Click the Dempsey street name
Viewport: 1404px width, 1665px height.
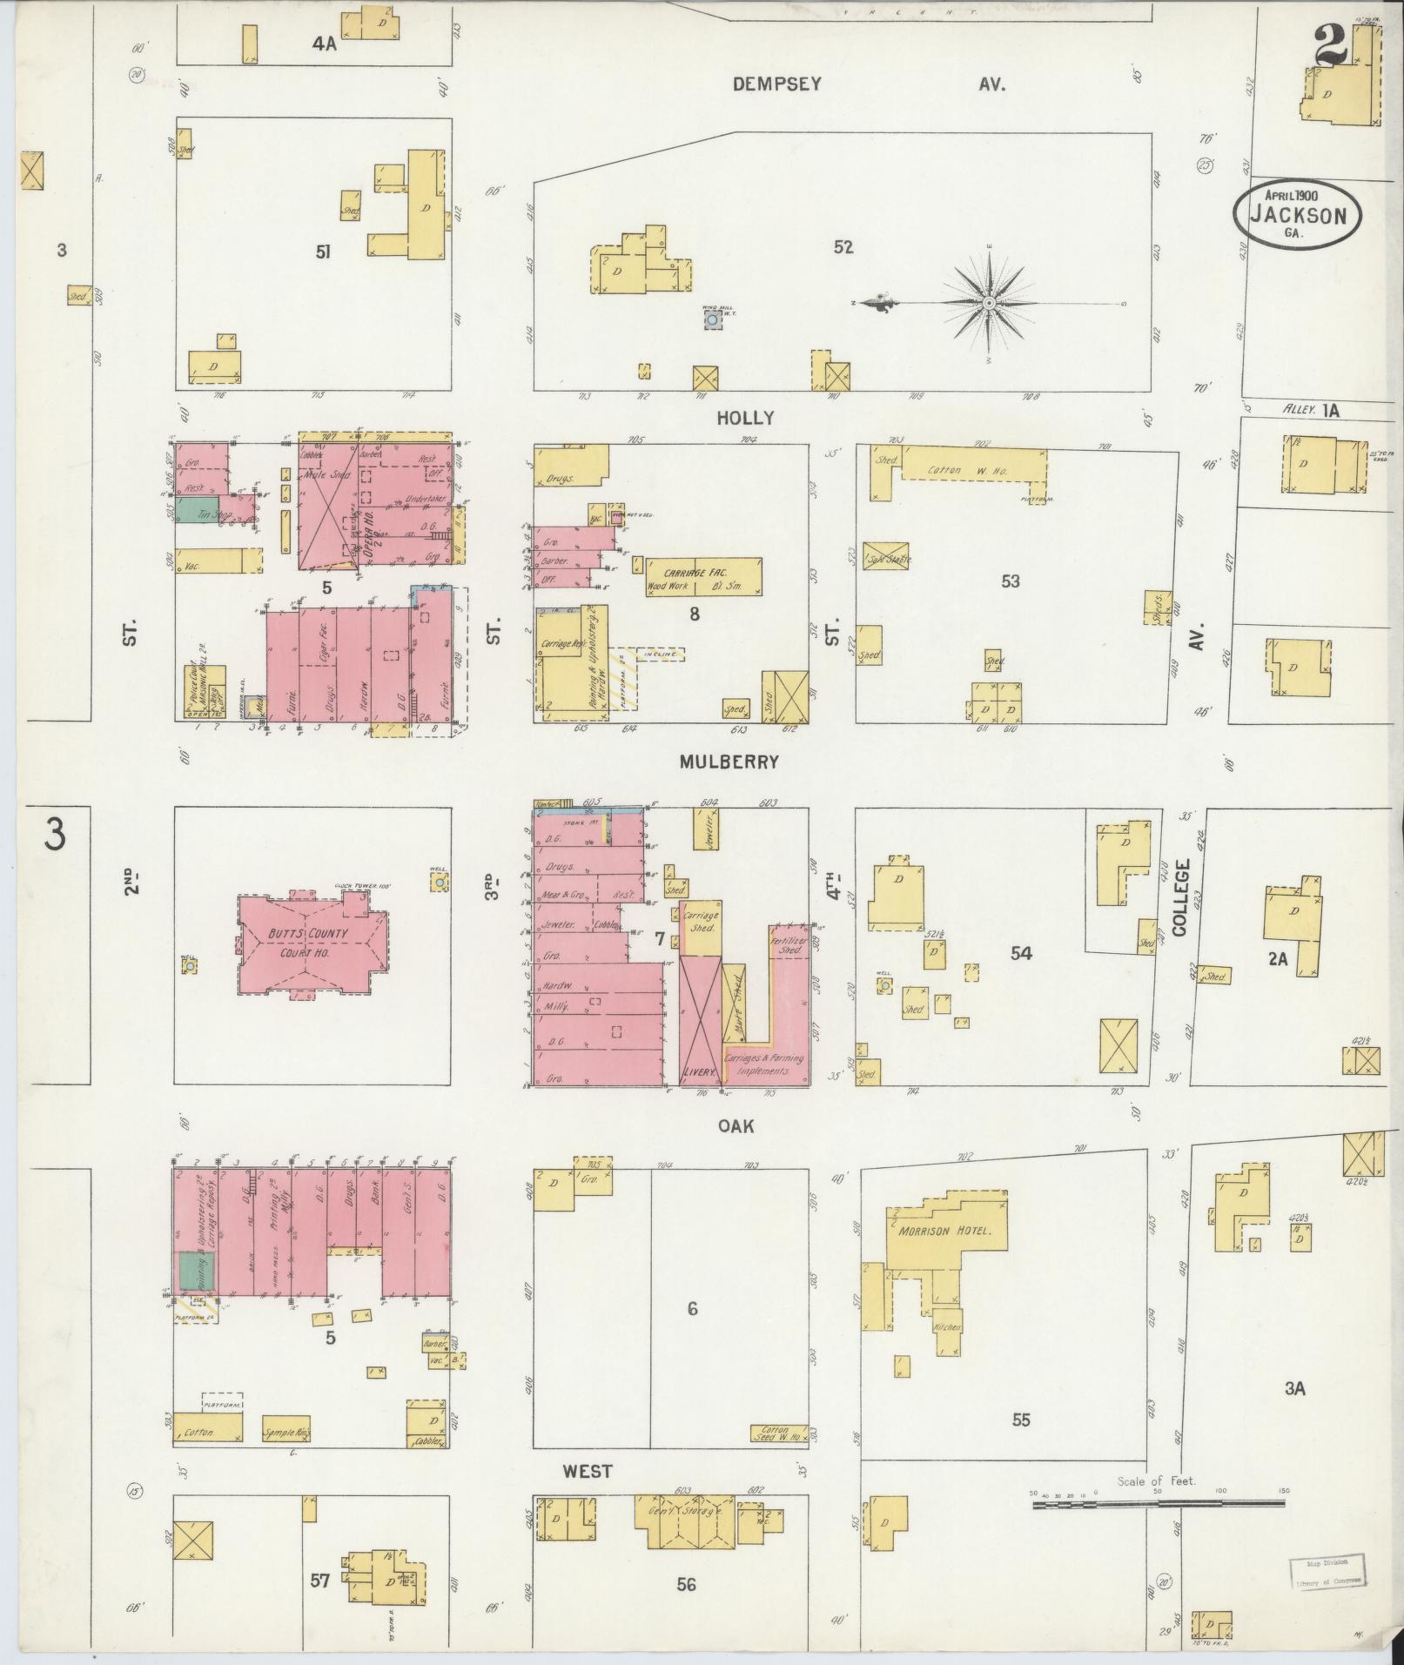(x=776, y=84)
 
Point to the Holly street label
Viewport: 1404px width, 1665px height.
(x=744, y=418)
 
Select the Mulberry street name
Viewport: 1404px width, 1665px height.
(x=729, y=762)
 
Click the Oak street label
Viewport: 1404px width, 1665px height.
(x=735, y=1125)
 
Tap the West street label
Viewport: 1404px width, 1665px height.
(x=588, y=1471)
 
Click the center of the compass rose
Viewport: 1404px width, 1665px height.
(x=990, y=303)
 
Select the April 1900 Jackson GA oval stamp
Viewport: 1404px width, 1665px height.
(x=1297, y=214)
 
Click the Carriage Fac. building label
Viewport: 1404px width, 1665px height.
(x=702, y=574)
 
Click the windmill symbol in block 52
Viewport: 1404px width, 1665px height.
(x=713, y=320)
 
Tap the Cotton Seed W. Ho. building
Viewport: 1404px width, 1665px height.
(x=778, y=1433)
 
